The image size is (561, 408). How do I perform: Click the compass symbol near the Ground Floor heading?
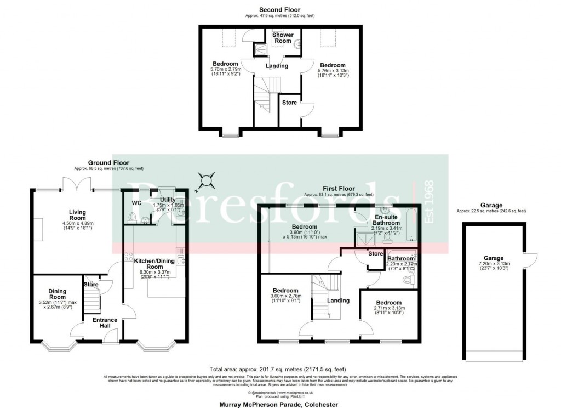pos(207,179)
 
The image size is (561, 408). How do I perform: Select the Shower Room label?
pos(283,38)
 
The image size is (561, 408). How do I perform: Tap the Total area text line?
pos(278,369)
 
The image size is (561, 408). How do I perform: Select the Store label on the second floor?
pos(289,103)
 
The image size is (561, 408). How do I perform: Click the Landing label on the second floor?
pos(277,66)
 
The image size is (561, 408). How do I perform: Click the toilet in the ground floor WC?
pos(130,218)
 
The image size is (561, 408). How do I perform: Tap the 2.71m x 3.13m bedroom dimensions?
pos(389,309)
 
